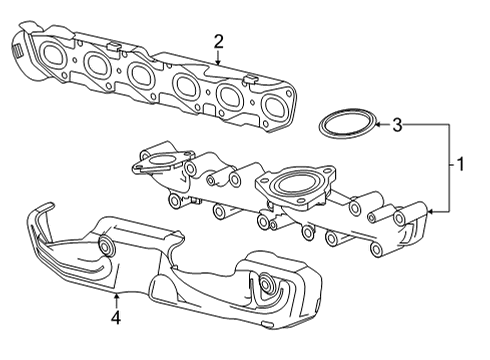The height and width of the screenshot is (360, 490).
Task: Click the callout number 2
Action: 218,41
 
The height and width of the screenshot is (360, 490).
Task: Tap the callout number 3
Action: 397,125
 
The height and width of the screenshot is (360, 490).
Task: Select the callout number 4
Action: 116,318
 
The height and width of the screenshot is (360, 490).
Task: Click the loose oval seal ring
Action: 344,127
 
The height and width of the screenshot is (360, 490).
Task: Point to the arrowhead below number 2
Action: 218,63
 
